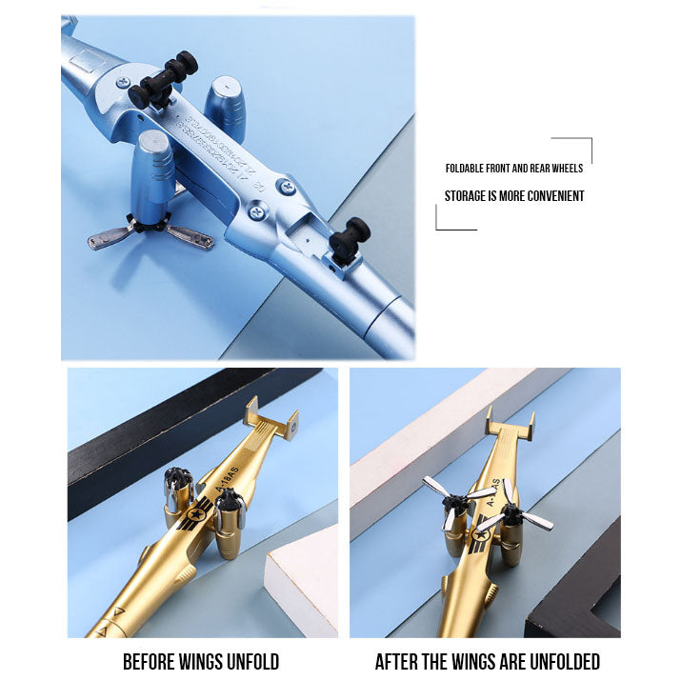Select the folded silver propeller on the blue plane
pos(150,234)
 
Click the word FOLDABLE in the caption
pos(468,169)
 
